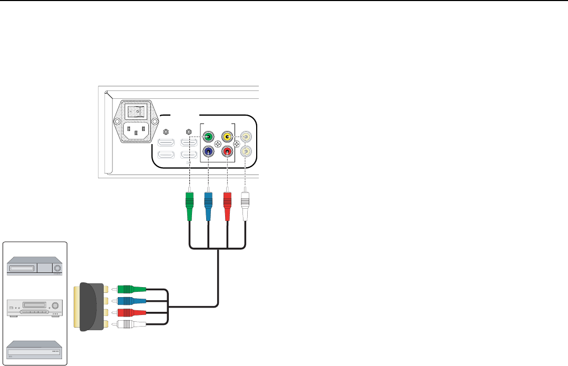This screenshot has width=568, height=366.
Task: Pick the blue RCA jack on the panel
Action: click(209, 152)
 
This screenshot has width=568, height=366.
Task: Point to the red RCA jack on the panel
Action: click(227, 152)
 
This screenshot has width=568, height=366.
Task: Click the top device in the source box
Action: click(34, 267)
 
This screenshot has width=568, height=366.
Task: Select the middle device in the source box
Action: click(34, 308)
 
